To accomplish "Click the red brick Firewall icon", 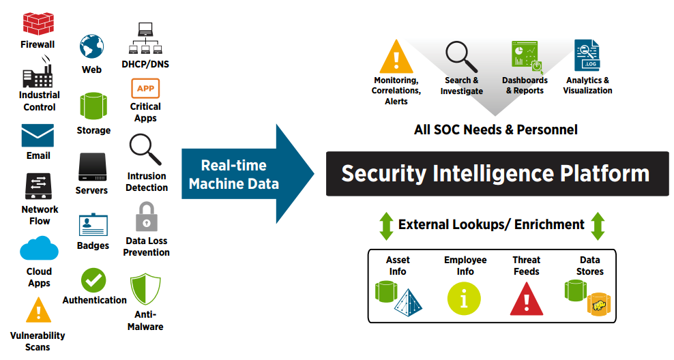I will click(x=38, y=23).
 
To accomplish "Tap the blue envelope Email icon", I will click(x=38, y=136).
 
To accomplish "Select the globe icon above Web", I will click(x=91, y=47).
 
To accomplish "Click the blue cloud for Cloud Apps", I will click(x=39, y=249).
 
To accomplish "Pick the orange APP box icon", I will click(x=145, y=89).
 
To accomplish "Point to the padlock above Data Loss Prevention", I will click(x=146, y=217).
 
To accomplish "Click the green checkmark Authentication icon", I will click(x=93, y=280).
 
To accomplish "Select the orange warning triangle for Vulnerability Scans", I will click(x=38, y=312).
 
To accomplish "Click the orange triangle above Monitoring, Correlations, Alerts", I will click(x=396, y=57).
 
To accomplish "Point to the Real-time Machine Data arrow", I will click(x=246, y=174).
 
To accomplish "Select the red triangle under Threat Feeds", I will click(x=527, y=298).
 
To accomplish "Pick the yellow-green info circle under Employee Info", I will click(x=464, y=299).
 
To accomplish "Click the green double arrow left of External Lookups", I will click(x=386, y=226).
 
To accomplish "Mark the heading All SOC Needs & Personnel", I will click(x=495, y=130).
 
